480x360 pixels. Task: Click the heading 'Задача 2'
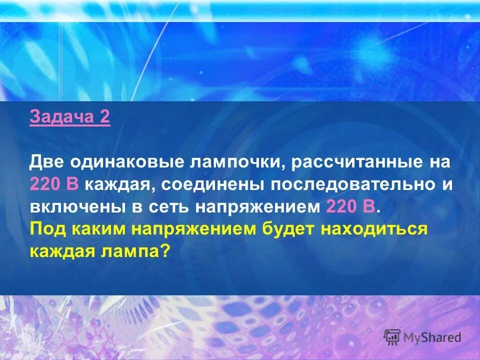point(69,118)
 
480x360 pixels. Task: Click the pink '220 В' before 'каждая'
point(54,184)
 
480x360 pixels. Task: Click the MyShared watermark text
point(432,337)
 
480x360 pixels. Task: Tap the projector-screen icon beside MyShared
point(392,337)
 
